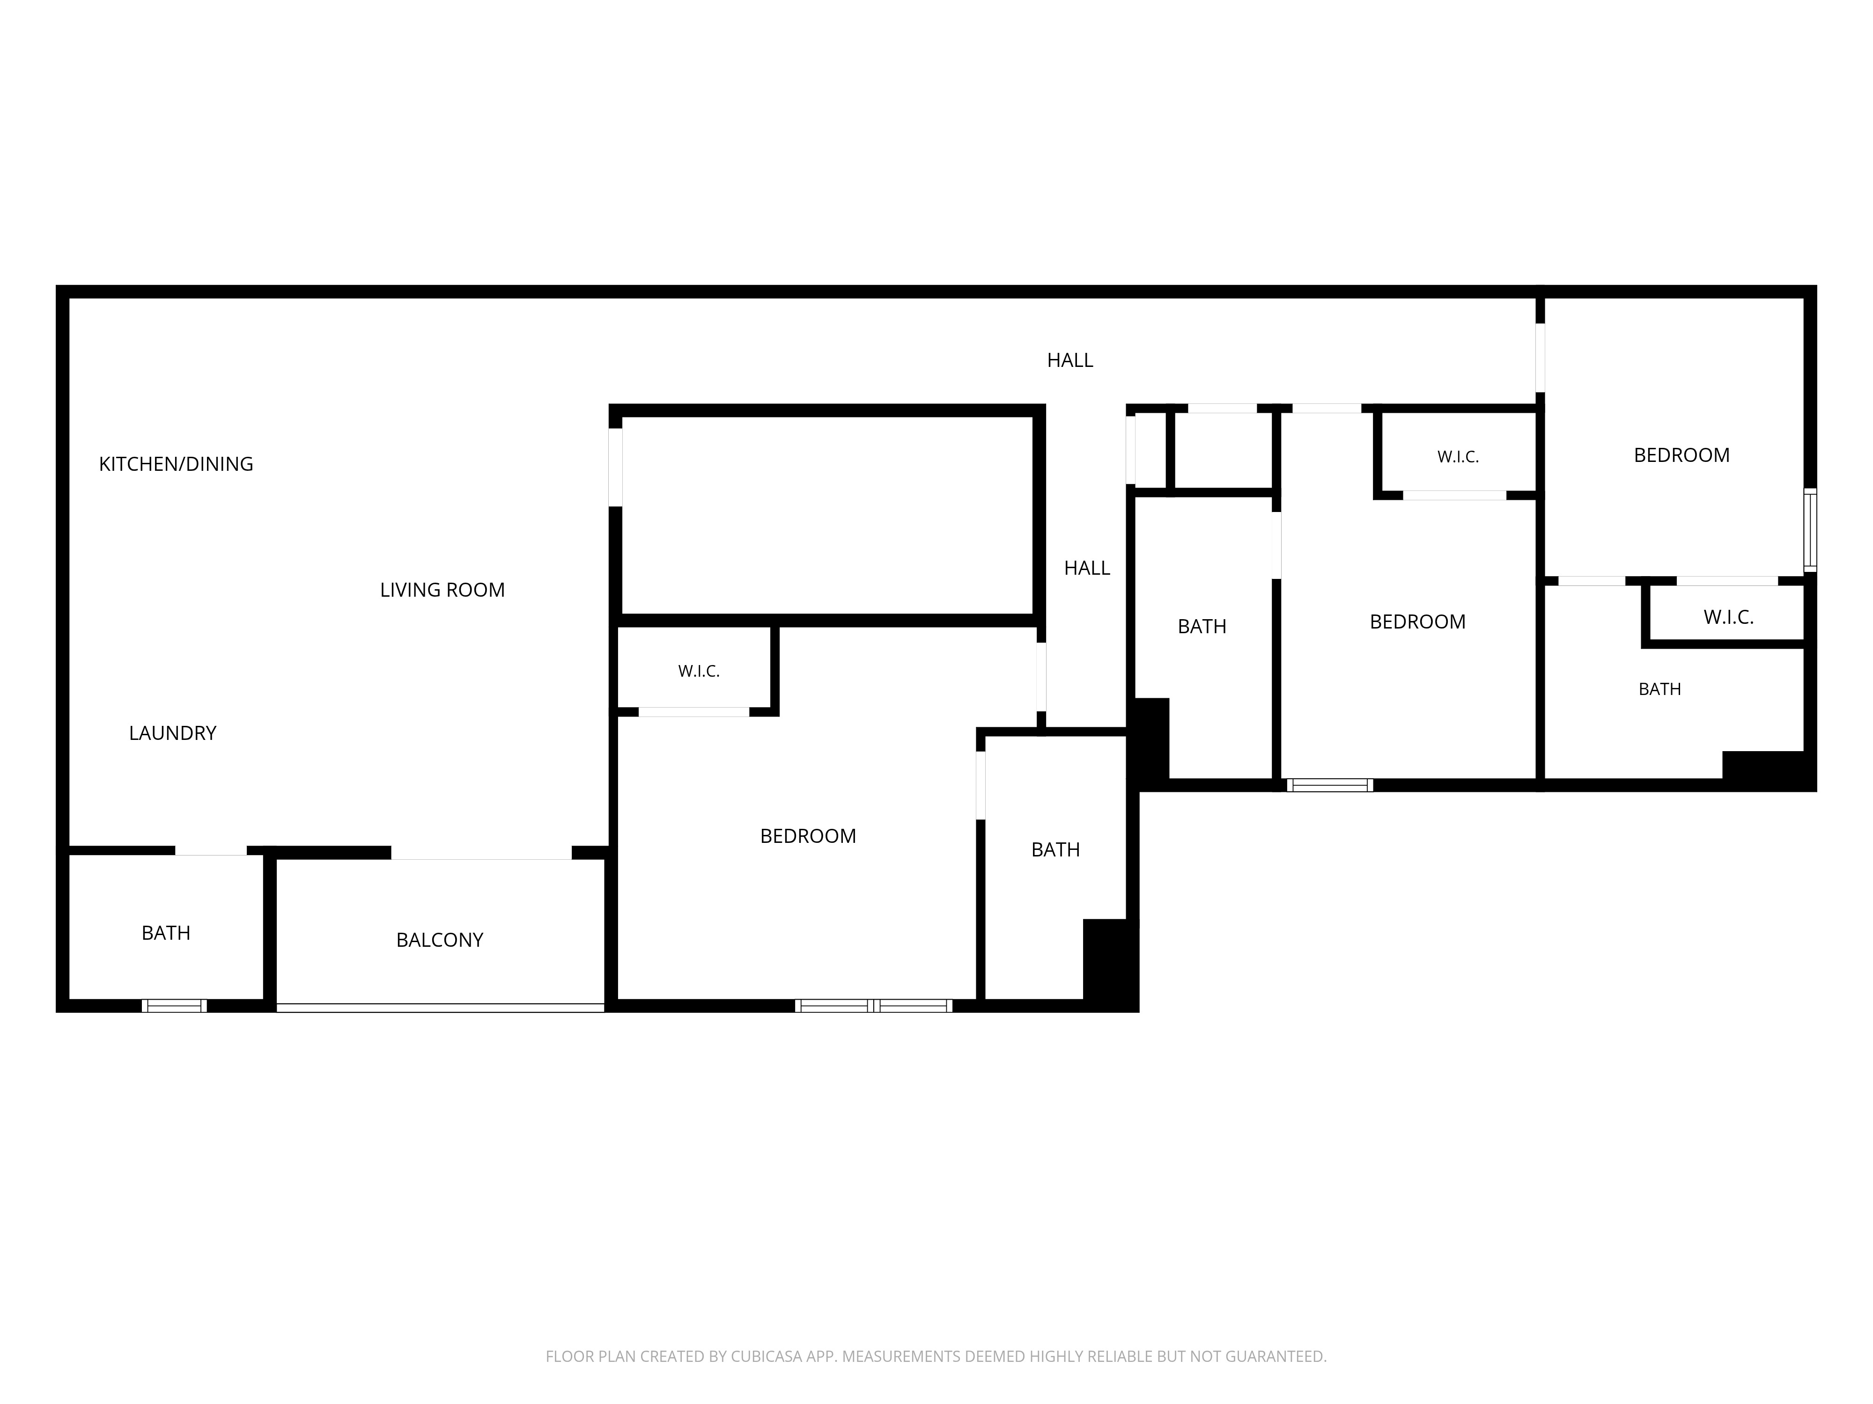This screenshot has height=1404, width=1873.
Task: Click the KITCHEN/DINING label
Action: (x=176, y=464)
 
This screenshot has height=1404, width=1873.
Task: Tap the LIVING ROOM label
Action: (x=442, y=590)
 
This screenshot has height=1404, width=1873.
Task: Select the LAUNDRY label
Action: (x=173, y=733)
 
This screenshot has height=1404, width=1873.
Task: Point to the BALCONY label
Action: (x=440, y=939)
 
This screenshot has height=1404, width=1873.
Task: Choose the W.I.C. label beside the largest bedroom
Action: (x=699, y=671)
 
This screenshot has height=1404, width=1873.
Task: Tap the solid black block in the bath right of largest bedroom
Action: (x=1110, y=965)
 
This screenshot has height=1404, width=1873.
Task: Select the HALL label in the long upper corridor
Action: (x=1070, y=360)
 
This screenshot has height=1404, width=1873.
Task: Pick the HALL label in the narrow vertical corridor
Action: (x=1087, y=568)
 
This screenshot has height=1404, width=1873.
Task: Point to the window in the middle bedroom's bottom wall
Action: (x=1329, y=785)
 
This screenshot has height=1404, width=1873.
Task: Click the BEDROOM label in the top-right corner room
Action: (x=1681, y=455)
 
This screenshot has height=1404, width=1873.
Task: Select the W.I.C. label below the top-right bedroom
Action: (x=1728, y=617)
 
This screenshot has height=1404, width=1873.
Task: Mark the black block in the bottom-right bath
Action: (x=1768, y=770)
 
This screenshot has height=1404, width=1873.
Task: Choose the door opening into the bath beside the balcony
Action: (x=211, y=850)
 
